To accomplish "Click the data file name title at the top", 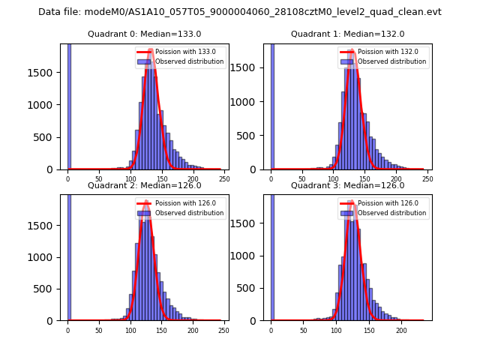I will tap(240, 12).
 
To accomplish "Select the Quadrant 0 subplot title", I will tap(144, 34).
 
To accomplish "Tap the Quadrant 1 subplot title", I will tap(347, 34).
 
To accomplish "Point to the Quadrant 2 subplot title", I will tap(144, 185).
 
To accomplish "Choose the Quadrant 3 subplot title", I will tap(347, 185).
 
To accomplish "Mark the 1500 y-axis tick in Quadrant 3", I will tap(248, 224).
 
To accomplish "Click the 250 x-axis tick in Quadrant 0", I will tap(225, 179).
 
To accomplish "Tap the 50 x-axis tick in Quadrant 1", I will tap(302, 179).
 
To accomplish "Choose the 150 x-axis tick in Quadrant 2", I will tap(162, 330).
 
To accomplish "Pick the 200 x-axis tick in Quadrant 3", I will tap(401, 330).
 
